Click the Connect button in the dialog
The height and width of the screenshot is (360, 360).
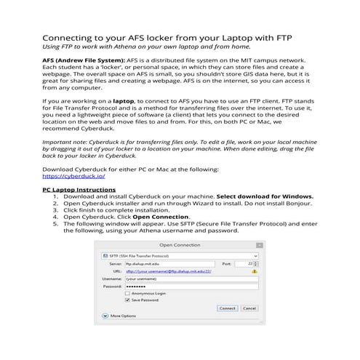pos(228,308)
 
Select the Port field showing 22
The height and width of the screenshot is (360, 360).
pos(247,263)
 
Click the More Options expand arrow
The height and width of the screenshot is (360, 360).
pos(105,316)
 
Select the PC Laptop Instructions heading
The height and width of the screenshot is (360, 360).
pos(79,190)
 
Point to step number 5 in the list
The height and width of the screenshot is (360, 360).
pos(55,223)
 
